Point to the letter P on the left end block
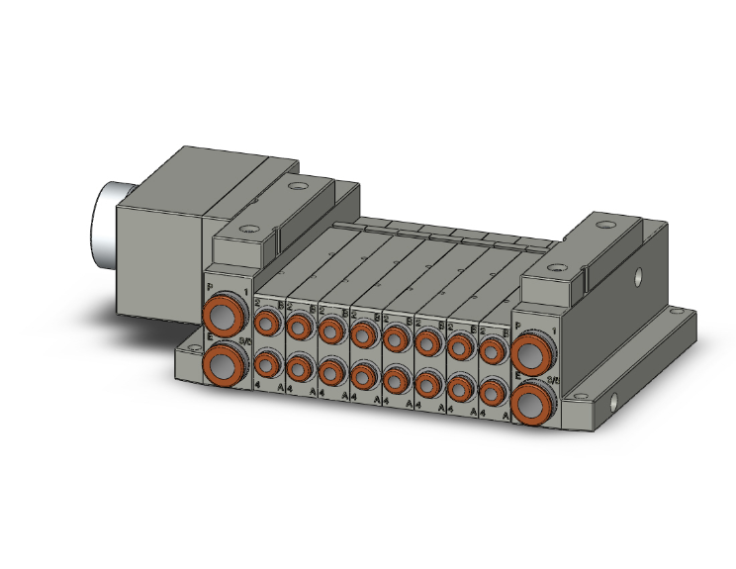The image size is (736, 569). click(210, 288)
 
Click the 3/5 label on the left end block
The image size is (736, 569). click(244, 341)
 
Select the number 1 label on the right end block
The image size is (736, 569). click(552, 328)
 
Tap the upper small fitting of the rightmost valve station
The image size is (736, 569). click(491, 351)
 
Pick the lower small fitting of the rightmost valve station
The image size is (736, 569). click(491, 396)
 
